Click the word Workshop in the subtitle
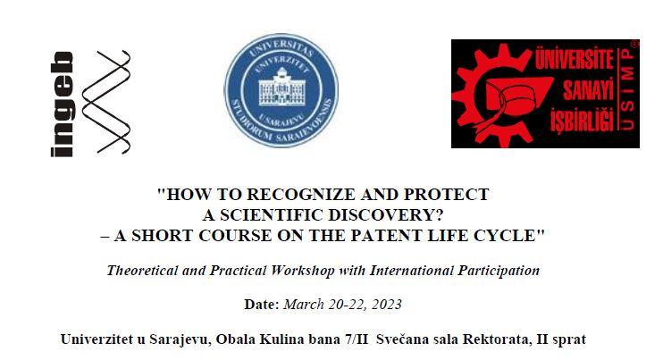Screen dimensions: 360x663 287,269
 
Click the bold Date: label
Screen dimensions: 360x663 262,304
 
